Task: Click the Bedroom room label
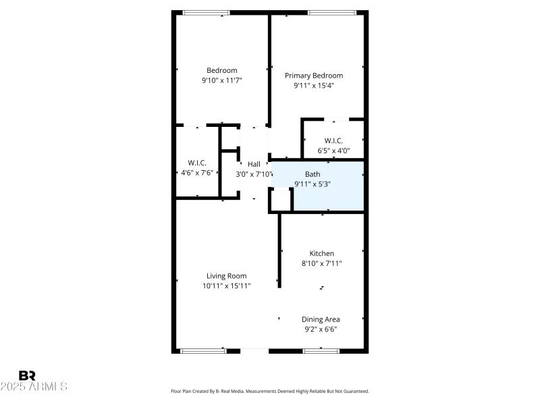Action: tap(221, 70)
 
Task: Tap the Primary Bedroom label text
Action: tap(313, 76)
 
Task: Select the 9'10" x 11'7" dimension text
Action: tap(221, 80)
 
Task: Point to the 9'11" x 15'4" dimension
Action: tap(313, 86)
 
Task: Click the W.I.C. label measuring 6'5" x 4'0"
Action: tap(333, 140)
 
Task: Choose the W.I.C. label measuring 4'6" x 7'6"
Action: tap(197, 163)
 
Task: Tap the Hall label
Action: tap(254, 164)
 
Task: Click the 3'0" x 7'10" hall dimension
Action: tap(253, 174)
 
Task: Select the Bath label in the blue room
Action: tap(312, 174)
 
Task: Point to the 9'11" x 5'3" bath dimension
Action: tap(312, 184)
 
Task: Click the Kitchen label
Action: tap(321, 254)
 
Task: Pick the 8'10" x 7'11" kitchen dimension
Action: tap(321, 264)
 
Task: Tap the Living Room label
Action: tap(226, 275)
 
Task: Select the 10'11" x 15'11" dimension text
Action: tap(226, 286)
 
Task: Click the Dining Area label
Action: tap(321, 319)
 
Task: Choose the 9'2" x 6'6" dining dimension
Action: tap(321, 329)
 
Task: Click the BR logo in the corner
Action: tap(27, 375)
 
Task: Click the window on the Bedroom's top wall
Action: tap(206, 12)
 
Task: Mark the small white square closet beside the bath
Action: tap(280, 200)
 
